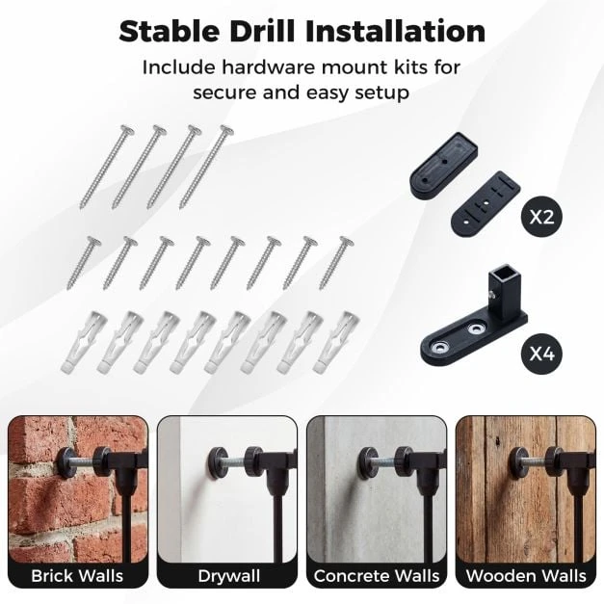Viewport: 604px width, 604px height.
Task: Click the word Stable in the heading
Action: [x=169, y=31]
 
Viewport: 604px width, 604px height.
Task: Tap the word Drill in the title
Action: [x=262, y=31]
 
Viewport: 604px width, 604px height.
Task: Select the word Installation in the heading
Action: [x=395, y=31]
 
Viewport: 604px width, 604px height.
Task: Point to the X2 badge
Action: [x=541, y=217]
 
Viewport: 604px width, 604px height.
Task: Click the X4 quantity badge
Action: [x=541, y=354]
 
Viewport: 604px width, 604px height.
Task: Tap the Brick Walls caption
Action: [x=77, y=576]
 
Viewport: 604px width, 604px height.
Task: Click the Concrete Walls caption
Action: [x=377, y=576]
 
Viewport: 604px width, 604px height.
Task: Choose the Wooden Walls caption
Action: [x=526, y=576]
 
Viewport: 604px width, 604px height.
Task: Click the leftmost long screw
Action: [x=107, y=167]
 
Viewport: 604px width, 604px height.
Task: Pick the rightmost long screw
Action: [x=206, y=167]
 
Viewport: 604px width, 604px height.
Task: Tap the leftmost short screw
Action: [x=84, y=263]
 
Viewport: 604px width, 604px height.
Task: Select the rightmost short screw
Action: [x=336, y=263]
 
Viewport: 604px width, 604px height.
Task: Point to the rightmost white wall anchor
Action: [x=336, y=342]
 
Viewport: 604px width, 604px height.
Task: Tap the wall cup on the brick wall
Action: [x=67, y=458]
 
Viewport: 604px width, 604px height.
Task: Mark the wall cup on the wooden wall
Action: [x=519, y=458]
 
